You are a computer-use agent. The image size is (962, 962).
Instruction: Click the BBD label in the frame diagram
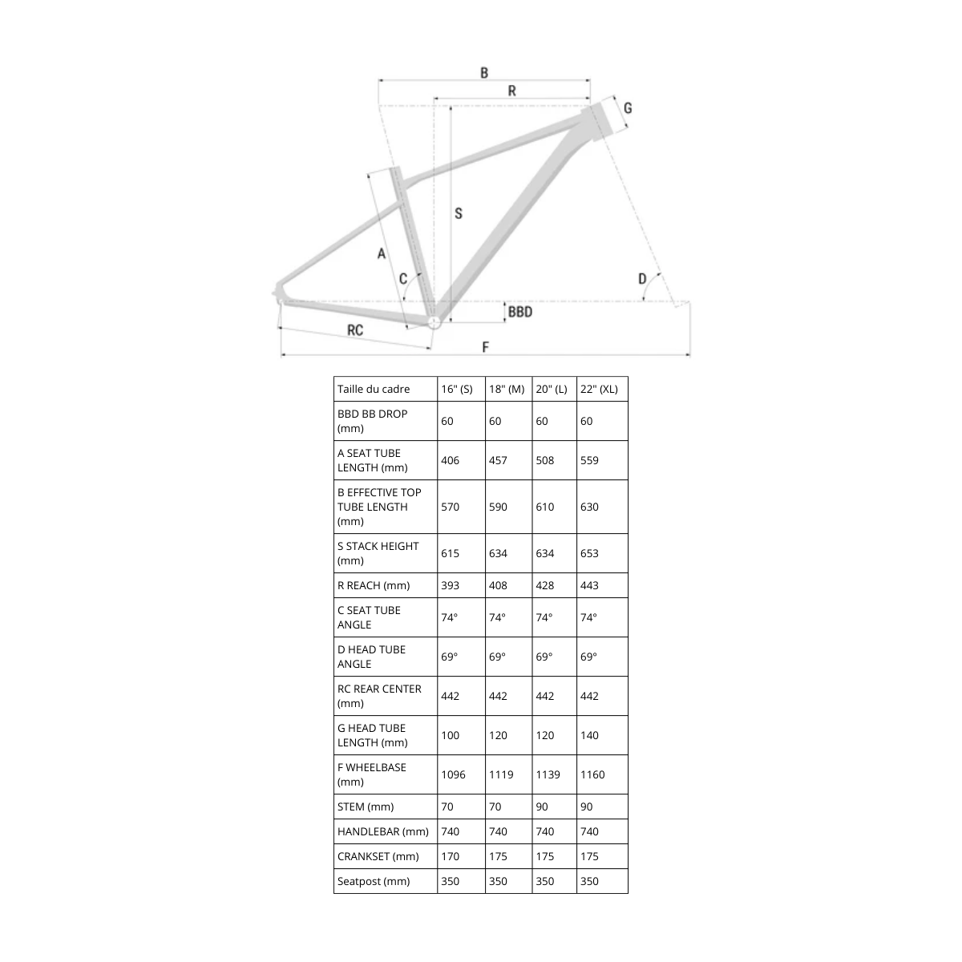tap(520, 312)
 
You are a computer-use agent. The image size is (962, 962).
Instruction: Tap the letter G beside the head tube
tap(628, 108)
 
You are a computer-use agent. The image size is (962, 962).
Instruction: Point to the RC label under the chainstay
tap(355, 330)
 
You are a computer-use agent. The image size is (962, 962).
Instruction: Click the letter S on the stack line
tap(459, 214)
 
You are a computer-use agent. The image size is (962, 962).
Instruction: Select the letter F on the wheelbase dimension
tap(485, 347)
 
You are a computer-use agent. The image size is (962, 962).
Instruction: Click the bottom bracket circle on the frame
tap(434, 322)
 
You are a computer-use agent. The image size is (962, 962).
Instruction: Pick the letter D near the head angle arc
tap(642, 278)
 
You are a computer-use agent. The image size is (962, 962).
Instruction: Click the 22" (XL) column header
tap(599, 389)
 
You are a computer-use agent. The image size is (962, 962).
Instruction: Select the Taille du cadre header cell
tap(374, 389)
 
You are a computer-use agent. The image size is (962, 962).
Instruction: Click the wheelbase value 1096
tap(453, 774)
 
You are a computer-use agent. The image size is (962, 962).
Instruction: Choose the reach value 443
tap(589, 585)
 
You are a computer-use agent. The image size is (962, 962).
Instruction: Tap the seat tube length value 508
tap(544, 460)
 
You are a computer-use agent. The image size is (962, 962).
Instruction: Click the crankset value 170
tap(450, 856)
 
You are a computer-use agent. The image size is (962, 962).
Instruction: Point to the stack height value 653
tap(589, 553)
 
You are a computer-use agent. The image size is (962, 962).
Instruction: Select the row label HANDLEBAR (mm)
tap(383, 831)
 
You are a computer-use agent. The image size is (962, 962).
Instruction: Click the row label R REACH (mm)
tap(374, 585)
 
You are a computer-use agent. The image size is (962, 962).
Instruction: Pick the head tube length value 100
tap(450, 735)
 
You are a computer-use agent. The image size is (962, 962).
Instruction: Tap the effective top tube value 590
tap(498, 507)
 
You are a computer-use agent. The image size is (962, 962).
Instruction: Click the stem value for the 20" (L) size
tap(542, 806)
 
